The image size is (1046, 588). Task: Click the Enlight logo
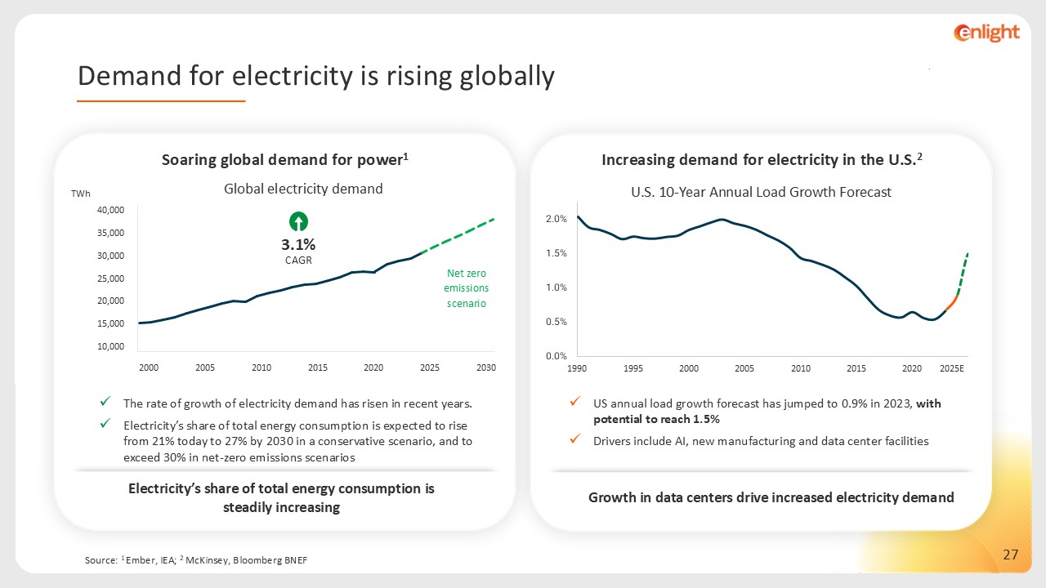point(986,33)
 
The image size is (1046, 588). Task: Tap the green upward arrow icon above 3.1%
point(298,221)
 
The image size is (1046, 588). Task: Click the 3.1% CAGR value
point(298,244)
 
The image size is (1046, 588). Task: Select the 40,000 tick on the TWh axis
point(110,210)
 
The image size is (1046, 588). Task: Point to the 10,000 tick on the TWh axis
point(110,346)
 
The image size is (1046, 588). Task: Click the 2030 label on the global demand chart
point(486,368)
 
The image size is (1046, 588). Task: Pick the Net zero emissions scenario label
point(466,288)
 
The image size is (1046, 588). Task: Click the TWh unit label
point(81,194)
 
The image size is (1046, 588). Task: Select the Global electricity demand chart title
point(303,189)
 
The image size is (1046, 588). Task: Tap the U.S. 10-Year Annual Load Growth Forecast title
point(761,192)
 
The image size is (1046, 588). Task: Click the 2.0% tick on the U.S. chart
point(557,219)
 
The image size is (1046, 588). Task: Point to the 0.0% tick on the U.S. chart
point(557,356)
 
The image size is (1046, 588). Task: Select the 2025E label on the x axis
point(952,368)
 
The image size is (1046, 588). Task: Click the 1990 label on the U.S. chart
point(577,368)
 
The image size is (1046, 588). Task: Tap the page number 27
point(1010,555)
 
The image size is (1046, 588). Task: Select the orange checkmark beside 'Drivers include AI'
point(576,440)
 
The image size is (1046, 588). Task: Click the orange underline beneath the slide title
point(161,101)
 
